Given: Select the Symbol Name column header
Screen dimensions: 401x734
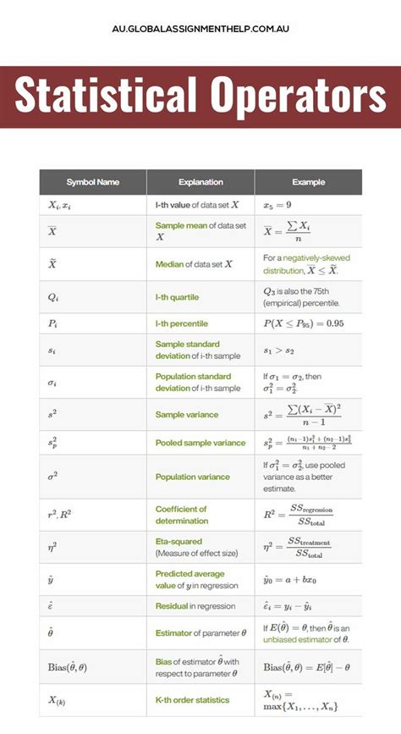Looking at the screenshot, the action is coord(93,182).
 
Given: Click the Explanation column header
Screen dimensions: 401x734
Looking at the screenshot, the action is coord(200,182).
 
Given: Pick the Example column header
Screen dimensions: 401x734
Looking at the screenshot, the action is coord(309,182).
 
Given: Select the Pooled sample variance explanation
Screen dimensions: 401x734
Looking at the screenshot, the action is coord(200,443).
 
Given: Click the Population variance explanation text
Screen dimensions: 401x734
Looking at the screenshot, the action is coord(193,477).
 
